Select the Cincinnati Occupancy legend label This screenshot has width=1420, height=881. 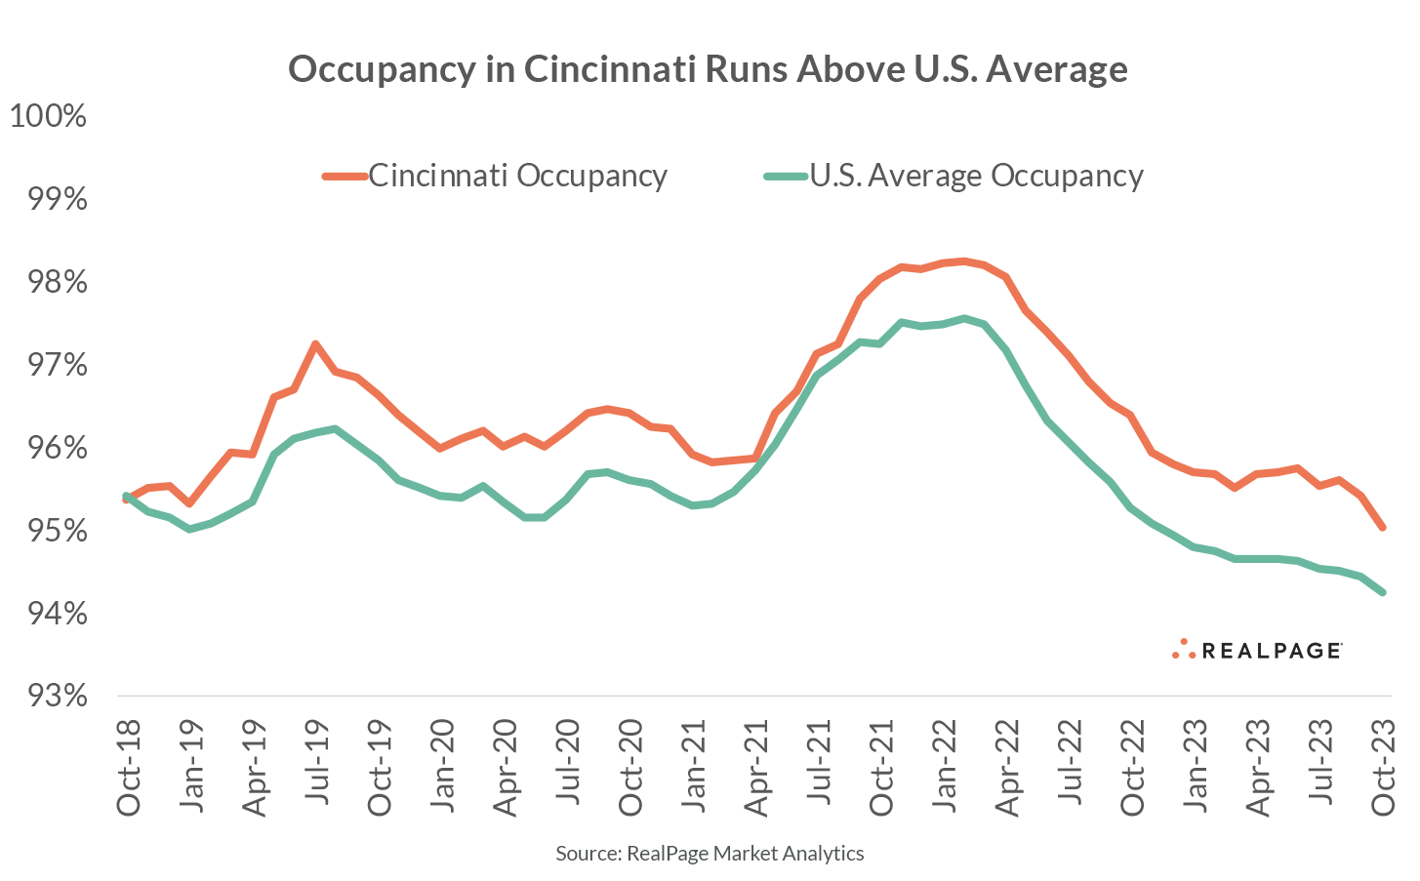pos(517,176)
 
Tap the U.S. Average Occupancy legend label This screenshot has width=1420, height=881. pos(976,176)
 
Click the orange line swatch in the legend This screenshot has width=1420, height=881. pos(345,177)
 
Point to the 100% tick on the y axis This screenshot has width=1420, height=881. pos(48,116)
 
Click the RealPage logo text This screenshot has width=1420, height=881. pos(1271,651)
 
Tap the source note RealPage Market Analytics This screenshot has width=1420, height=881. pos(710,854)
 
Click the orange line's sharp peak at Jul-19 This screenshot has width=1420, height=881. pos(314,343)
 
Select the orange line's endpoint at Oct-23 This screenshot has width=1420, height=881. pos(1383,528)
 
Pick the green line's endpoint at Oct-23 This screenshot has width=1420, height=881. pos(1383,592)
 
